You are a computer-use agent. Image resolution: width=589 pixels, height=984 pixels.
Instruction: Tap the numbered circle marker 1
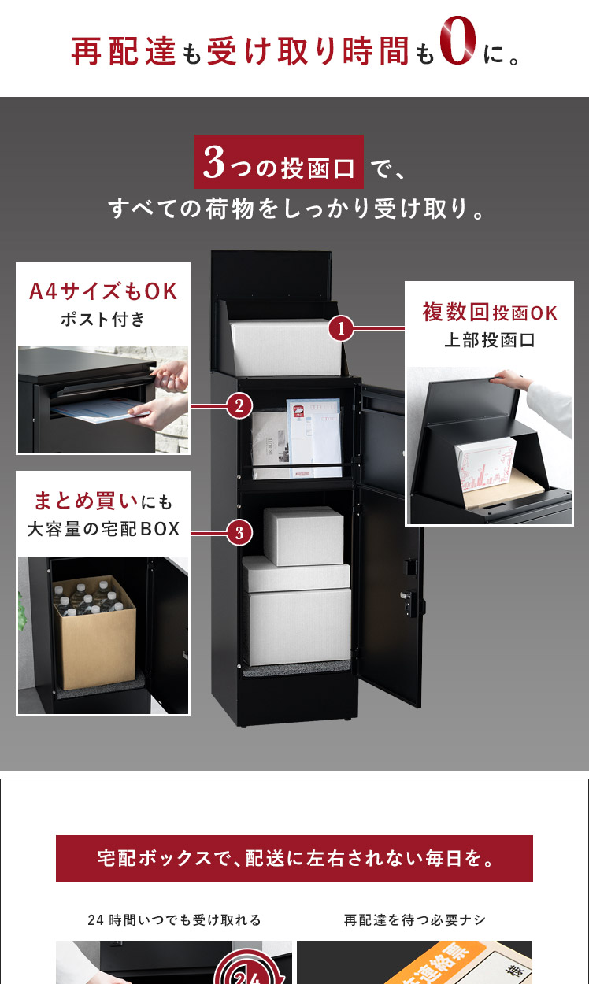pos(340,328)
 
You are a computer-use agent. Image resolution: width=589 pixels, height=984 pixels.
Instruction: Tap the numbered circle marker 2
pos(239,406)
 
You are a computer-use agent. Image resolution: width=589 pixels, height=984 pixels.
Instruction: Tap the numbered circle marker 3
pos(239,533)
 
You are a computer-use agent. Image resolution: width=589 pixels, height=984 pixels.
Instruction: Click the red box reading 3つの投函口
pos(279,161)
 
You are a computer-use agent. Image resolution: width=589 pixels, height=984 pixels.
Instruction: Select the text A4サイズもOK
pos(103,292)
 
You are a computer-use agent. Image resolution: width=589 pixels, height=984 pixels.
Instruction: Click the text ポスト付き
pos(103,320)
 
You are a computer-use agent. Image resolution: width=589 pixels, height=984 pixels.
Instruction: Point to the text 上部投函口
pos(490,341)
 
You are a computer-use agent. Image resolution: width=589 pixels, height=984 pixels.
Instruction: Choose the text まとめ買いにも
pos(103,500)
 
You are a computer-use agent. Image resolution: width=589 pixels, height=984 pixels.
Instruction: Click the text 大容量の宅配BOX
pos(103,529)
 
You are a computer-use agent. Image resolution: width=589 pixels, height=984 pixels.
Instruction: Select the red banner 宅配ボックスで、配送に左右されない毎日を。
pos(294,858)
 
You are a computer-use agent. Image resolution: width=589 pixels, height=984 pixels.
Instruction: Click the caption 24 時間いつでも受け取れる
pos(174,919)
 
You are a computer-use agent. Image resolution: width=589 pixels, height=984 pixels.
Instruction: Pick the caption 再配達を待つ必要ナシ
pos(415,919)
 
